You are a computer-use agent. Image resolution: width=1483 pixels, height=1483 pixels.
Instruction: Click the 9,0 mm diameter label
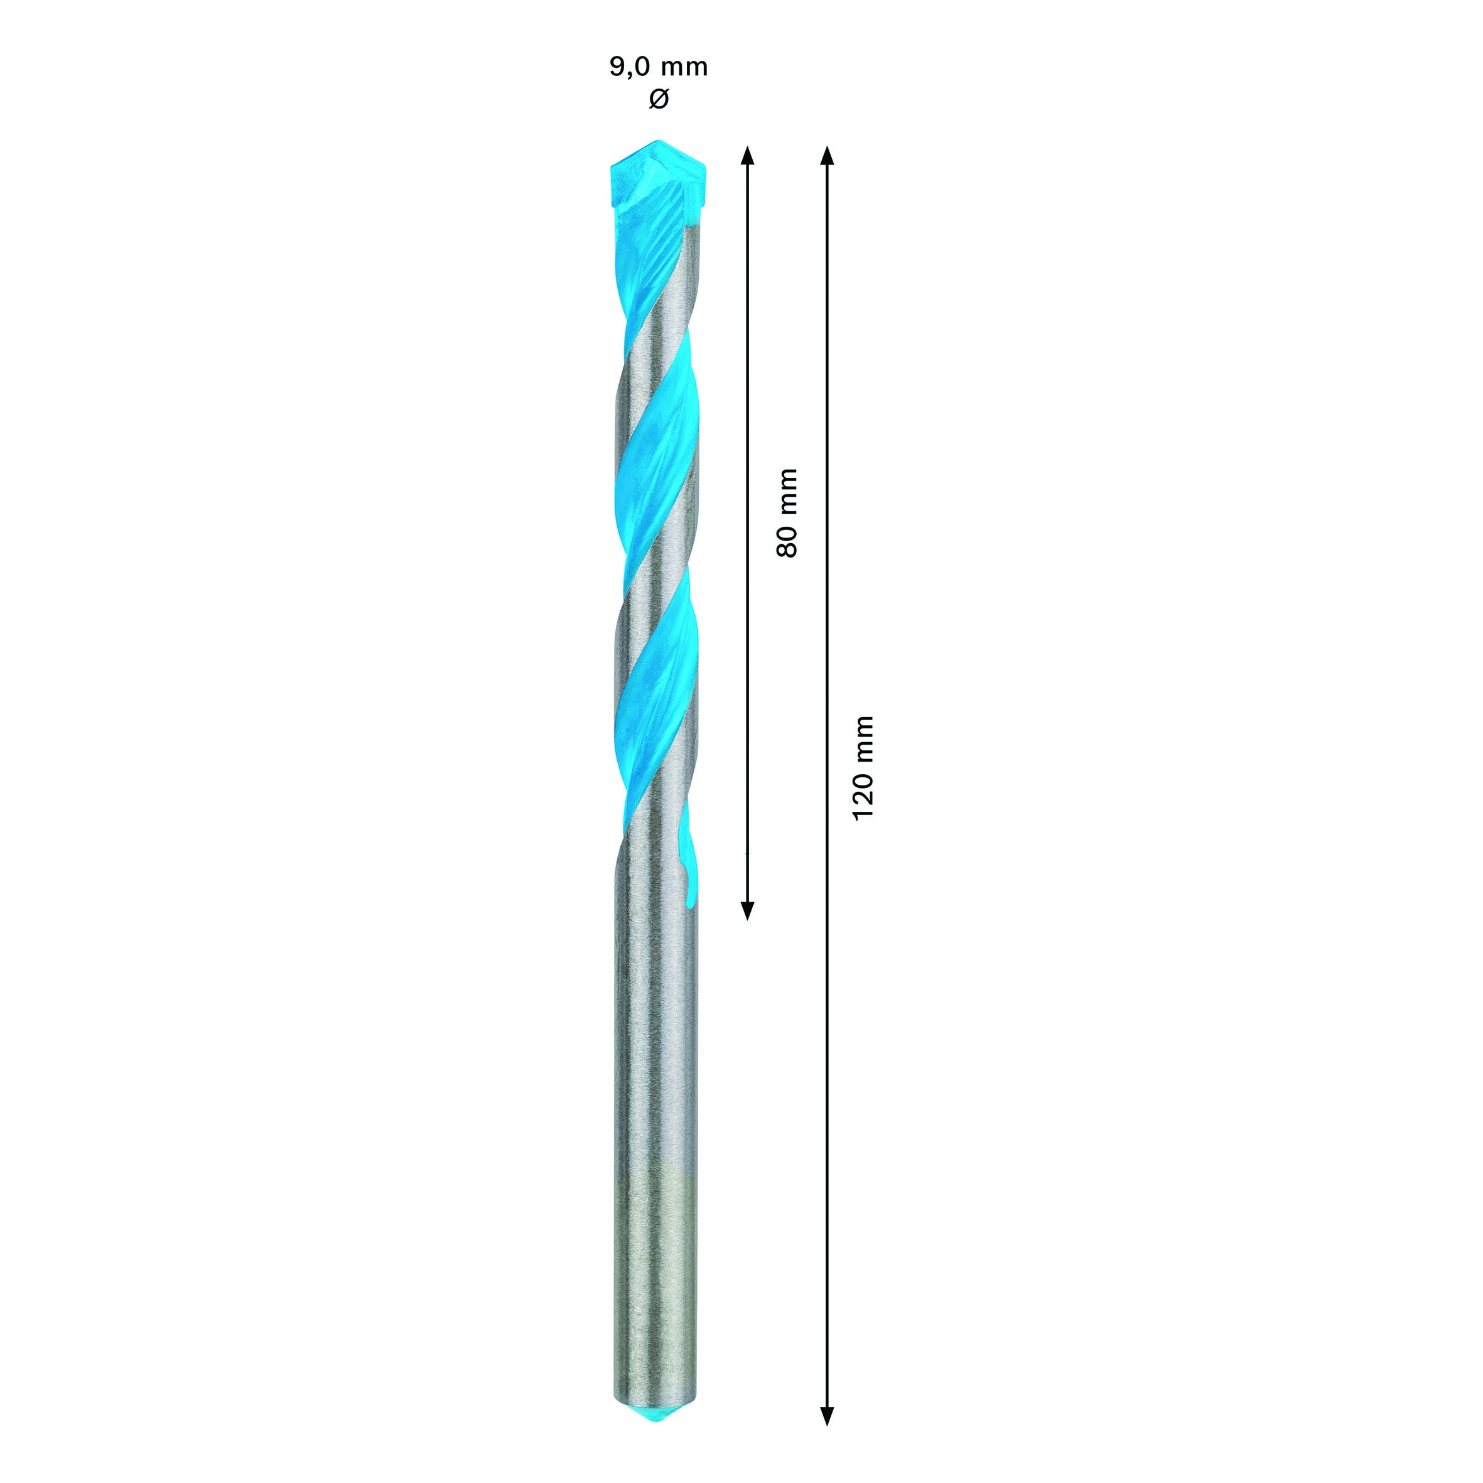(x=659, y=68)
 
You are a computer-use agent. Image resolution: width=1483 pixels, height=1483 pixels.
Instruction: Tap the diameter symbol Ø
(x=659, y=99)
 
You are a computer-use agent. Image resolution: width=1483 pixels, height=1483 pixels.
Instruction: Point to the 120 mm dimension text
(x=863, y=768)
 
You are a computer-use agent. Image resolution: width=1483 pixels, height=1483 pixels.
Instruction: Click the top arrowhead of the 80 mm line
(x=748, y=155)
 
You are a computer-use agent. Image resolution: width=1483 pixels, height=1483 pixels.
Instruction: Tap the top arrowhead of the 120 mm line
(x=826, y=155)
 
